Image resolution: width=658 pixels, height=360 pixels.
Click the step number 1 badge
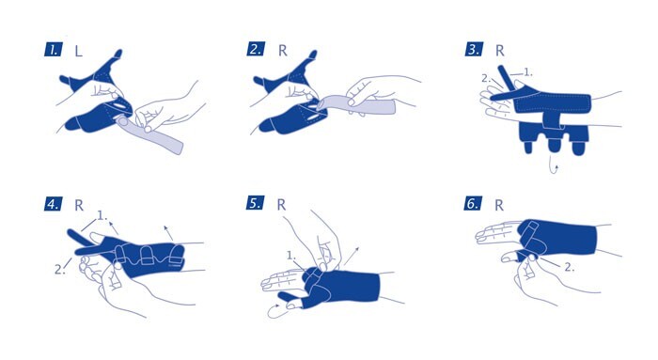[54, 50]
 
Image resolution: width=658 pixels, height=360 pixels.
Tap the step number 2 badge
[256, 49]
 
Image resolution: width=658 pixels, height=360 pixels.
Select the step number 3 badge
[474, 49]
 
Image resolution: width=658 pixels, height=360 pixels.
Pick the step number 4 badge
[54, 204]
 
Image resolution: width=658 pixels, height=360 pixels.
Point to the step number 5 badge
[255, 203]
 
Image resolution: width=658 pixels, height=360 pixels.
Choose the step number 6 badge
[473, 203]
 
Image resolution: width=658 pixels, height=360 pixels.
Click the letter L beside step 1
[78, 51]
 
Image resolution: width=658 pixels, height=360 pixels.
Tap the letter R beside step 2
[283, 51]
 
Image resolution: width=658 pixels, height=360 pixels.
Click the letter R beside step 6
[499, 205]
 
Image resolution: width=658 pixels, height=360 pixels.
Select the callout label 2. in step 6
[569, 267]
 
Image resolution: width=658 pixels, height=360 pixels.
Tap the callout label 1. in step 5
[291, 255]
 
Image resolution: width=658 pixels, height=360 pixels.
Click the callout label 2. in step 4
[59, 269]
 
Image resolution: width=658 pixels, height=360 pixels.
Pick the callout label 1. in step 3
[528, 72]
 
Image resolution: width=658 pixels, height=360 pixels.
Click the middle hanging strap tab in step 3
[554, 144]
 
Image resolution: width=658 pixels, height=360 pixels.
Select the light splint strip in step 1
[150, 135]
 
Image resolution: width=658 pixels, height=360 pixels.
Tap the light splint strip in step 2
[356, 104]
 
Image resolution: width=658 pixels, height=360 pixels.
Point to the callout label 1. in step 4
[102, 215]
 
